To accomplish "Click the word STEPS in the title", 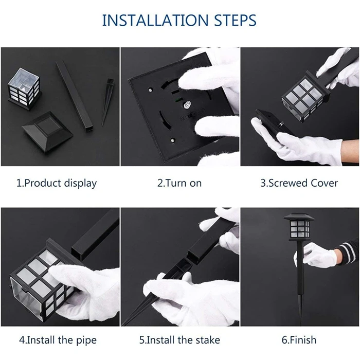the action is (235, 20).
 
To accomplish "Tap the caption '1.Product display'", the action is (57, 184).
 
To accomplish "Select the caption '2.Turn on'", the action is (179, 183).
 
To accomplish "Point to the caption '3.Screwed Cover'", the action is (299, 183).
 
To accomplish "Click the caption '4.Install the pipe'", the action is (58, 340).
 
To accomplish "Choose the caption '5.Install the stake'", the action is (179, 340).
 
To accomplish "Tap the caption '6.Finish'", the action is (299, 340).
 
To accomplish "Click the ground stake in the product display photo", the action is (107, 102).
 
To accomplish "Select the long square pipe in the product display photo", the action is (75, 96).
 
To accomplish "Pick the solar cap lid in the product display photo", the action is (47, 132).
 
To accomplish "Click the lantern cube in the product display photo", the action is (24, 88).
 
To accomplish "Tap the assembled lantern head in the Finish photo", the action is (299, 227).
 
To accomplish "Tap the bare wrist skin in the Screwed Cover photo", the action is (350, 153).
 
